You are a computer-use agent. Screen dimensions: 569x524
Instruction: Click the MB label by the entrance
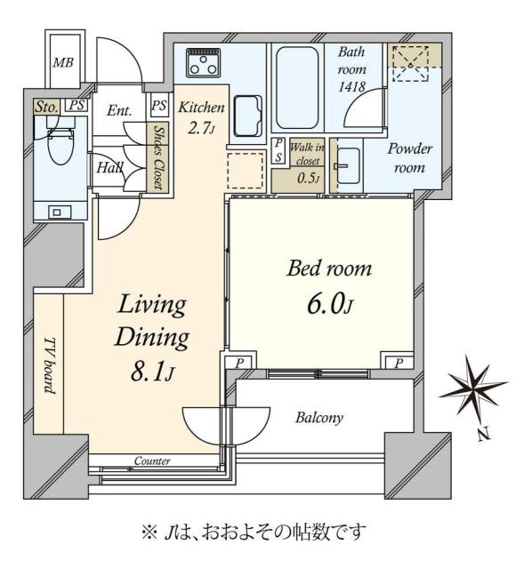61,62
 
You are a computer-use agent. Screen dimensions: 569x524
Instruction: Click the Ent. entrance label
119,111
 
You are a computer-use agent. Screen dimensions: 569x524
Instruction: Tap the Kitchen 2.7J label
201,116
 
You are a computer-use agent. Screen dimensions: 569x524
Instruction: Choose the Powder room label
404,159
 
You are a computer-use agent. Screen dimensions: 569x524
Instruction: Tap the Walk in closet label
303,160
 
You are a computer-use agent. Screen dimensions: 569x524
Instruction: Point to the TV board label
50,365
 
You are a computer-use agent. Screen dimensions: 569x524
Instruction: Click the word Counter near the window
152,461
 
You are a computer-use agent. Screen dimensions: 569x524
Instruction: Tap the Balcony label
318,417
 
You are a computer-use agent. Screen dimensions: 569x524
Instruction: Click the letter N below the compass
481,435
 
